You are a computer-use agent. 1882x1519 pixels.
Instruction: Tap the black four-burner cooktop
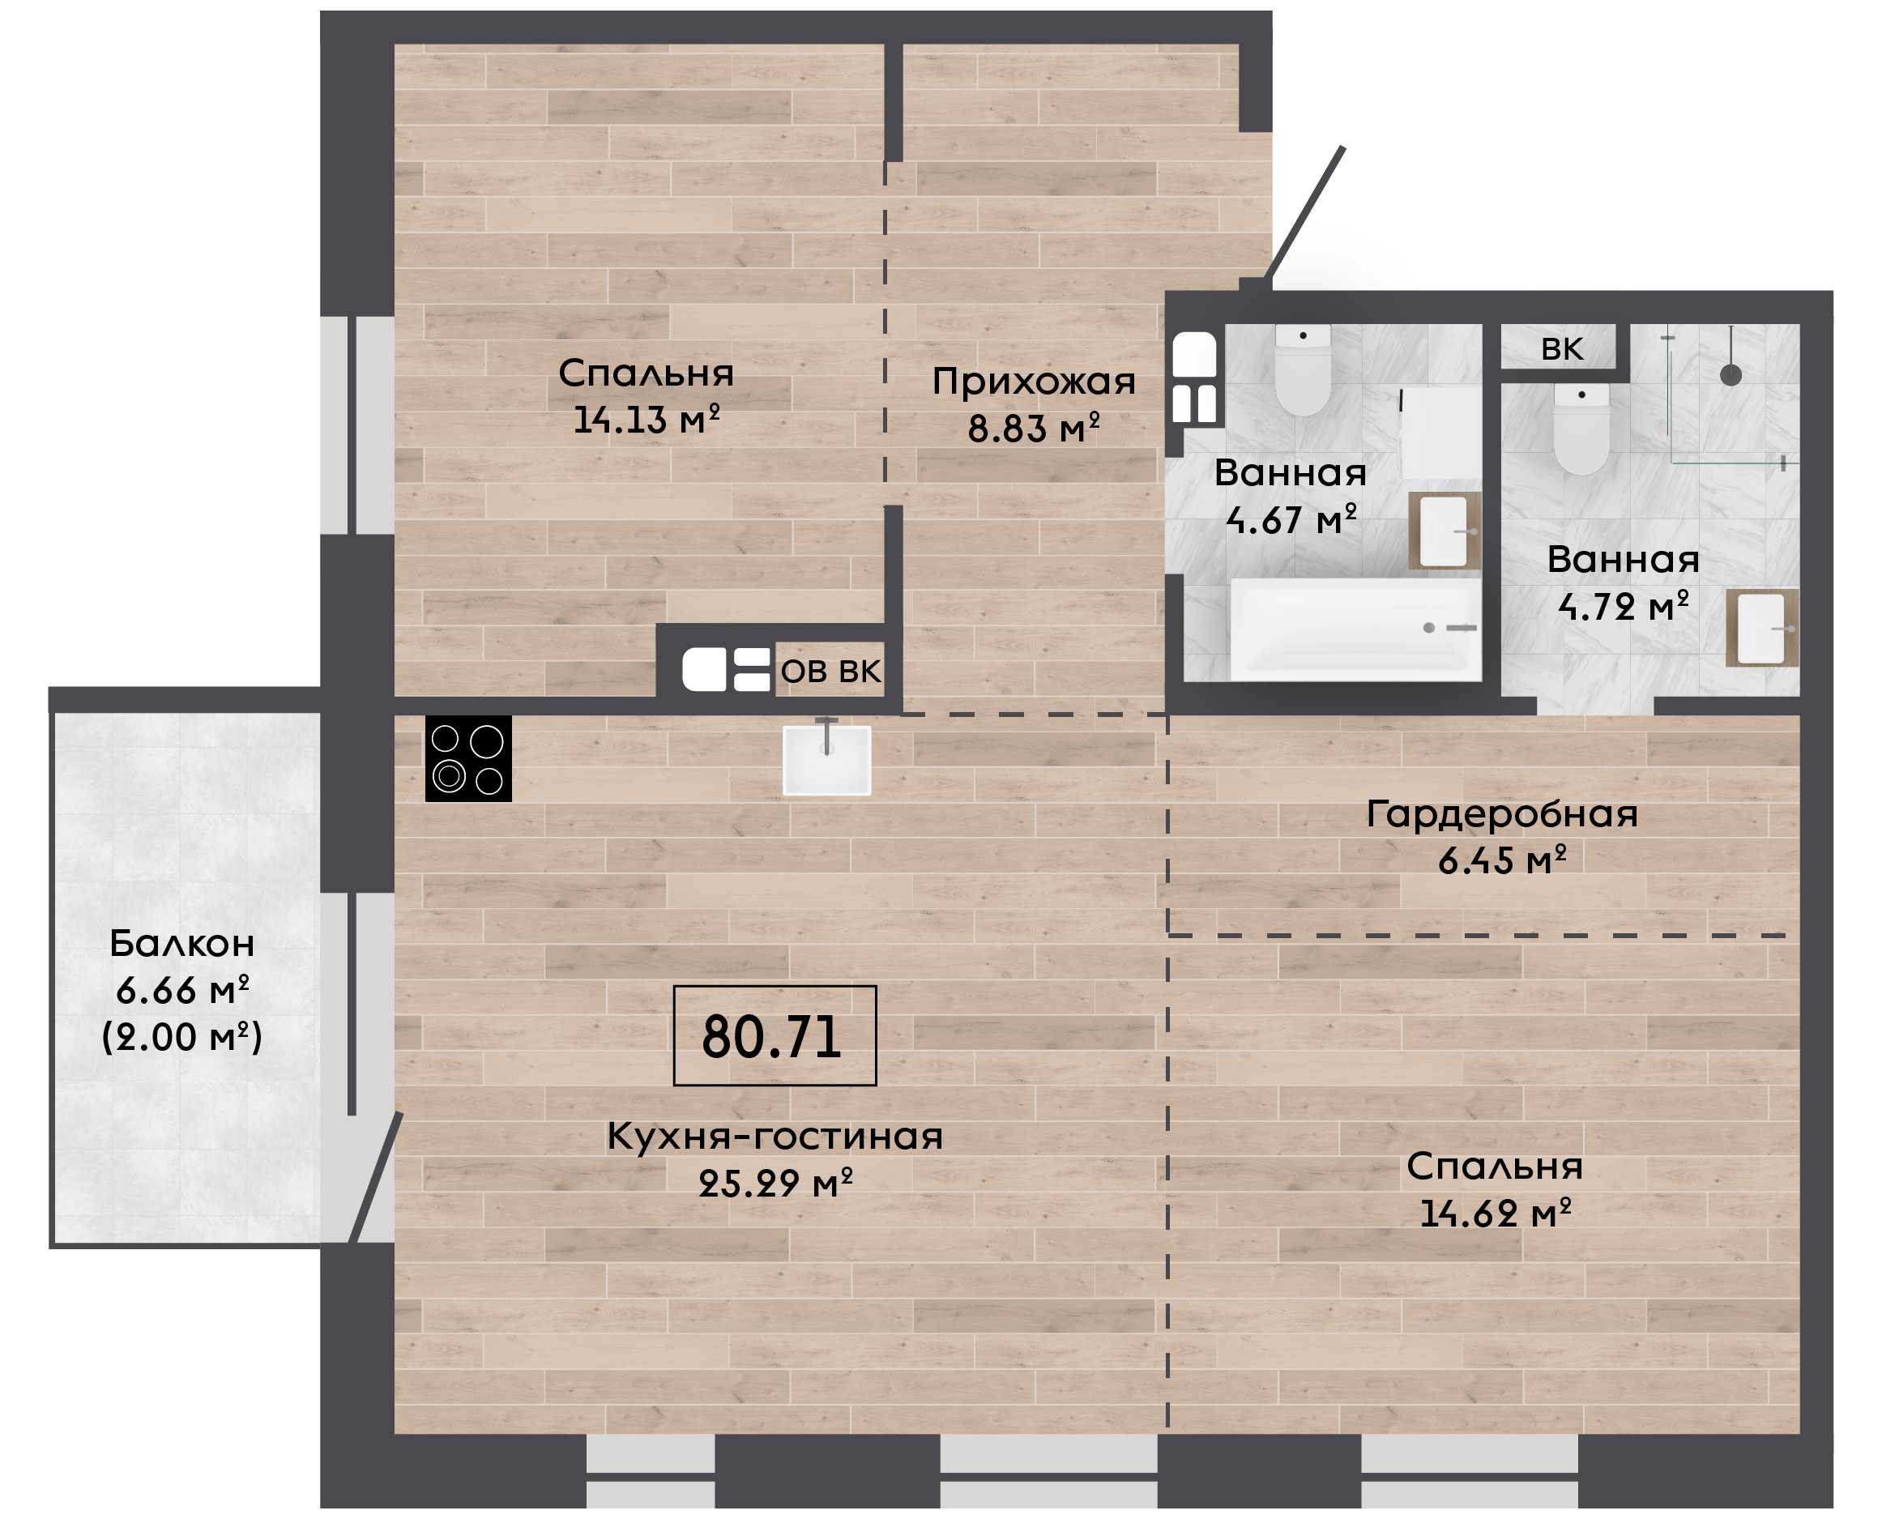468,758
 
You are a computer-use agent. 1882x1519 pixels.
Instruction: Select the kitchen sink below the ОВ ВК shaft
827,758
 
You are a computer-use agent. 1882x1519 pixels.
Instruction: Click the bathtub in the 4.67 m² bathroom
1355,628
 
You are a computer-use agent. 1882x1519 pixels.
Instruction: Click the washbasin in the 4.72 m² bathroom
1761,628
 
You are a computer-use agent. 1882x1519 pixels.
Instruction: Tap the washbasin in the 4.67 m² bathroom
1444,531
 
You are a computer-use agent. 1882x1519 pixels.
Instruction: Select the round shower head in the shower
1731,374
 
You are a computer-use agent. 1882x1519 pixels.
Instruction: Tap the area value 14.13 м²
647,420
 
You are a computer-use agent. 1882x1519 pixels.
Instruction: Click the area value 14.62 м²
1496,1214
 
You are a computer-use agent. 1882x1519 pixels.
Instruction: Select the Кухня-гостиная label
775,1136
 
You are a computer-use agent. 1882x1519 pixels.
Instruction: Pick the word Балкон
182,943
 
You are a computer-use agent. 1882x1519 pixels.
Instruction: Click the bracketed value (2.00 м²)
182,1037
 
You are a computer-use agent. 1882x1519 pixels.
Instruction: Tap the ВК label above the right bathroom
1562,348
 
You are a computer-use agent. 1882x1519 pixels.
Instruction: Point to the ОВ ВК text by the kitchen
830,671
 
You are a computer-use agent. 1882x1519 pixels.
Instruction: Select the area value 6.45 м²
1501,861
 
